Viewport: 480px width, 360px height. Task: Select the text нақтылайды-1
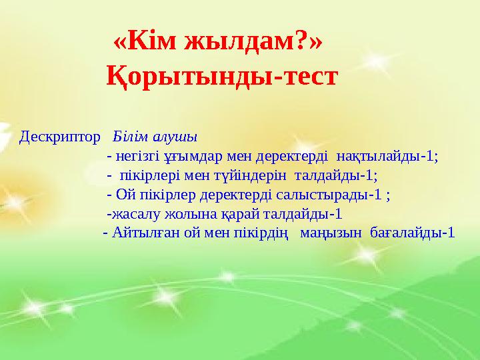click(388, 157)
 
